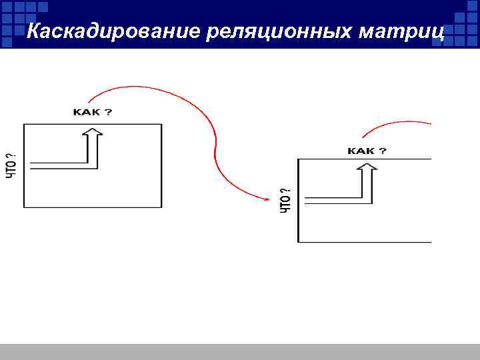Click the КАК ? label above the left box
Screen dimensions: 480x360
[92, 112]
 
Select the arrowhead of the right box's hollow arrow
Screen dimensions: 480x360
[367, 167]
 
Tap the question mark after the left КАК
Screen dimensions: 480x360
[109, 112]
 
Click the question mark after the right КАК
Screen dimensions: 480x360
[383, 151]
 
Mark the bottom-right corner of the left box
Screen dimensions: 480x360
[161, 207]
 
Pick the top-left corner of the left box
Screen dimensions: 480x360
[24, 124]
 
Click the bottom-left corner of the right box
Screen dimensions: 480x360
[299, 241]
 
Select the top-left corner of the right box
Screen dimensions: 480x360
[299, 159]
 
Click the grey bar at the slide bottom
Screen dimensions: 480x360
[240, 351]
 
